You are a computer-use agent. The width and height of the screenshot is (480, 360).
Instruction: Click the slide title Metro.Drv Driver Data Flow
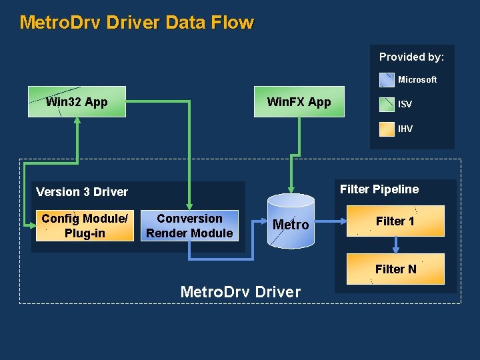pyautogui.click(x=137, y=22)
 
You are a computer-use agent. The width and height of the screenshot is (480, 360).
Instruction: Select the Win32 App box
pyautogui.click(x=77, y=102)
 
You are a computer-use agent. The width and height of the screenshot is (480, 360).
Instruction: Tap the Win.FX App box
pyautogui.click(x=299, y=102)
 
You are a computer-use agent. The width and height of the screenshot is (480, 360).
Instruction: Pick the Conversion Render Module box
pyautogui.click(x=189, y=225)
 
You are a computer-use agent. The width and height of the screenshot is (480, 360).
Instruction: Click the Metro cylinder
pyautogui.click(x=291, y=223)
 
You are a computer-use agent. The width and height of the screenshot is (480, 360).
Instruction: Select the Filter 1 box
pyautogui.click(x=395, y=221)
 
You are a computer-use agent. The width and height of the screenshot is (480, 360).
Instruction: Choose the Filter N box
pyautogui.click(x=395, y=269)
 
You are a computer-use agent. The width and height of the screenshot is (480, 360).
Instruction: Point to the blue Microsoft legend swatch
pyautogui.click(x=387, y=80)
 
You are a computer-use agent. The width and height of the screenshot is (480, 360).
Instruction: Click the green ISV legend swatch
pyautogui.click(x=387, y=105)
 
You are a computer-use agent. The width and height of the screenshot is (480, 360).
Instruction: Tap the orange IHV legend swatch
pyautogui.click(x=387, y=129)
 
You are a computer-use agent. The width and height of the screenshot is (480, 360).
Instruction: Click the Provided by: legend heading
pyautogui.click(x=411, y=57)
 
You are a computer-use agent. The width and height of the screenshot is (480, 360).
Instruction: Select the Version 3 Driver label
pyautogui.click(x=82, y=192)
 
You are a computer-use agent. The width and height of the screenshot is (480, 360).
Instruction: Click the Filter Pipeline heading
pyautogui.click(x=379, y=189)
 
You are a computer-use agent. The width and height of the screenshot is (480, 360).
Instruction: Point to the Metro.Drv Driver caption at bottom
pyautogui.click(x=241, y=292)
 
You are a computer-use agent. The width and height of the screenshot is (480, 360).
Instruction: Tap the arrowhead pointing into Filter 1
pyautogui.click(x=342, y=222)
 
